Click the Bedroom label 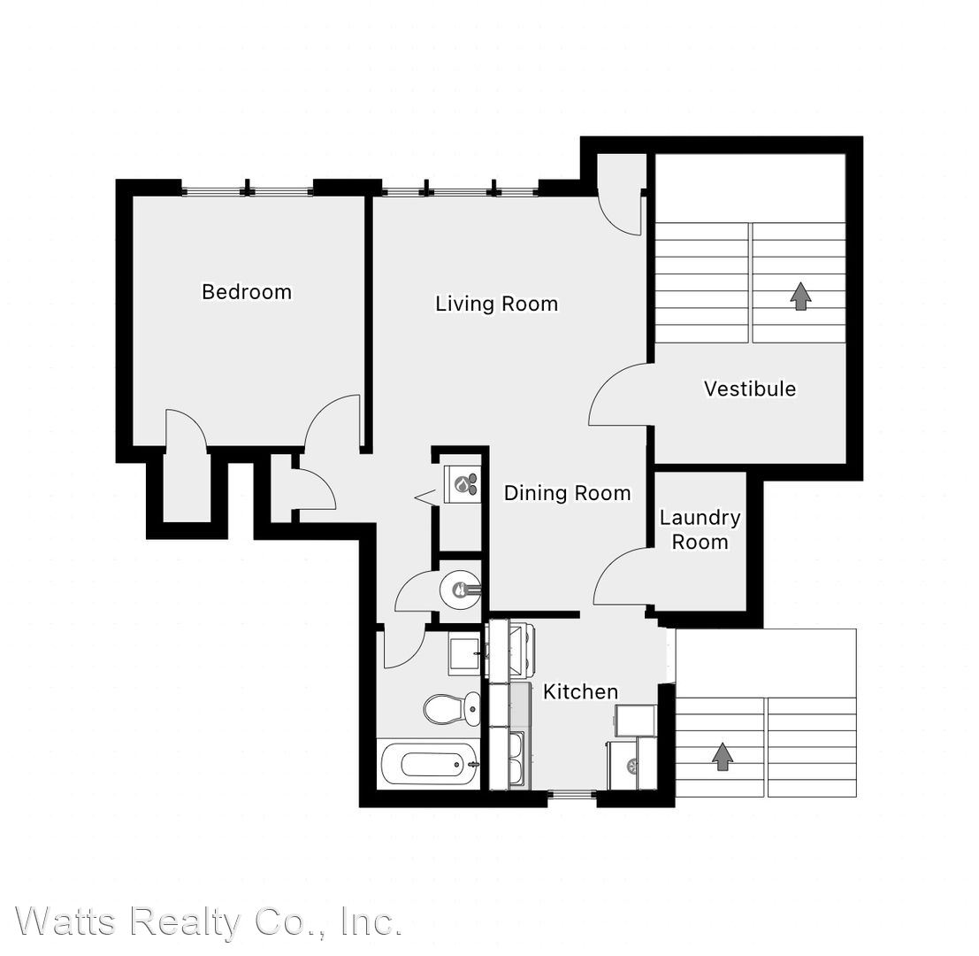click(x=247, y=292)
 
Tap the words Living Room click(x=496, y=304)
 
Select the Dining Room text click(x=567, y=493)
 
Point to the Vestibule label click(x=750, y=389)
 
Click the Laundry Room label click(x=700, y=529)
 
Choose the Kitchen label click(x=581, y=691)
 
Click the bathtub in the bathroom click(x=430, y=765)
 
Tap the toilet click(x=451, y=709)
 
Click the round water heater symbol click(x=460, y=589)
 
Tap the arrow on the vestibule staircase click(x=800, y=297)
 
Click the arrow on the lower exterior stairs click(x=723, y=757)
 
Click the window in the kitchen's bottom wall click(x=572, y=795)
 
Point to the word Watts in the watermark click(x=66, y=921)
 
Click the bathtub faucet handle click(x=475, y=764)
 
